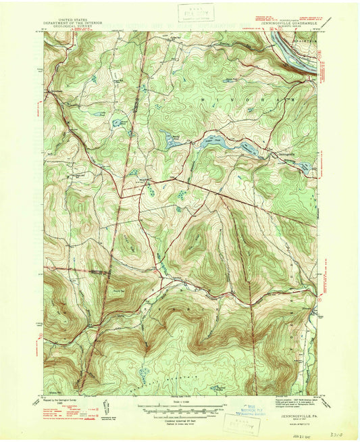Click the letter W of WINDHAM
203,99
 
